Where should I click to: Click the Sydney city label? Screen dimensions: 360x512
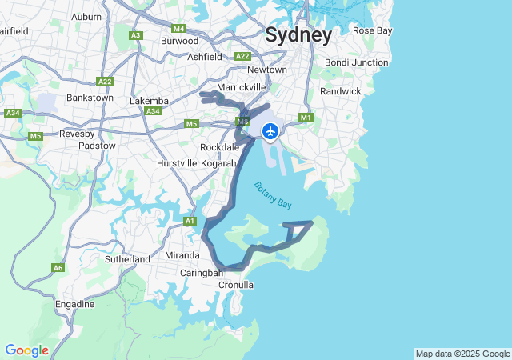coord(298,35)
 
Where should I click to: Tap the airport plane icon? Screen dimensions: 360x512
coord(270,130)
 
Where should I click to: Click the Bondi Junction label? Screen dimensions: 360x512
coord(356,62)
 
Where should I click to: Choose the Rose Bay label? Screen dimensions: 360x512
coord(373,30)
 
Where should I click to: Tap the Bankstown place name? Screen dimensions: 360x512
coord(90,98)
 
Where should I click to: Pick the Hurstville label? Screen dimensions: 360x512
coord(177,163)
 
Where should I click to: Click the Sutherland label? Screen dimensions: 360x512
coord(127,259)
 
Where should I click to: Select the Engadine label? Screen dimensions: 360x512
coord(74,304)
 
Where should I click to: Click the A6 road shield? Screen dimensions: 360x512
coord(58,268)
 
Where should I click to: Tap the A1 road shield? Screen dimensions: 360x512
coord(190,221)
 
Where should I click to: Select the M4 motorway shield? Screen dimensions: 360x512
coord(178,28)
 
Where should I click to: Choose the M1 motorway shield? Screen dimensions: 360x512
coord(305,118)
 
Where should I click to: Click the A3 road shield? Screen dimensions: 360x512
coord(136,35)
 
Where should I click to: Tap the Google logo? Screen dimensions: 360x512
coord(26,350)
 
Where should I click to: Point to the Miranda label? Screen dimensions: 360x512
coord(182,255)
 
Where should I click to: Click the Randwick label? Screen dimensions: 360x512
coord(341,91)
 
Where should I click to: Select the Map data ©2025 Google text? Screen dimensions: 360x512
coord(462,354)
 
